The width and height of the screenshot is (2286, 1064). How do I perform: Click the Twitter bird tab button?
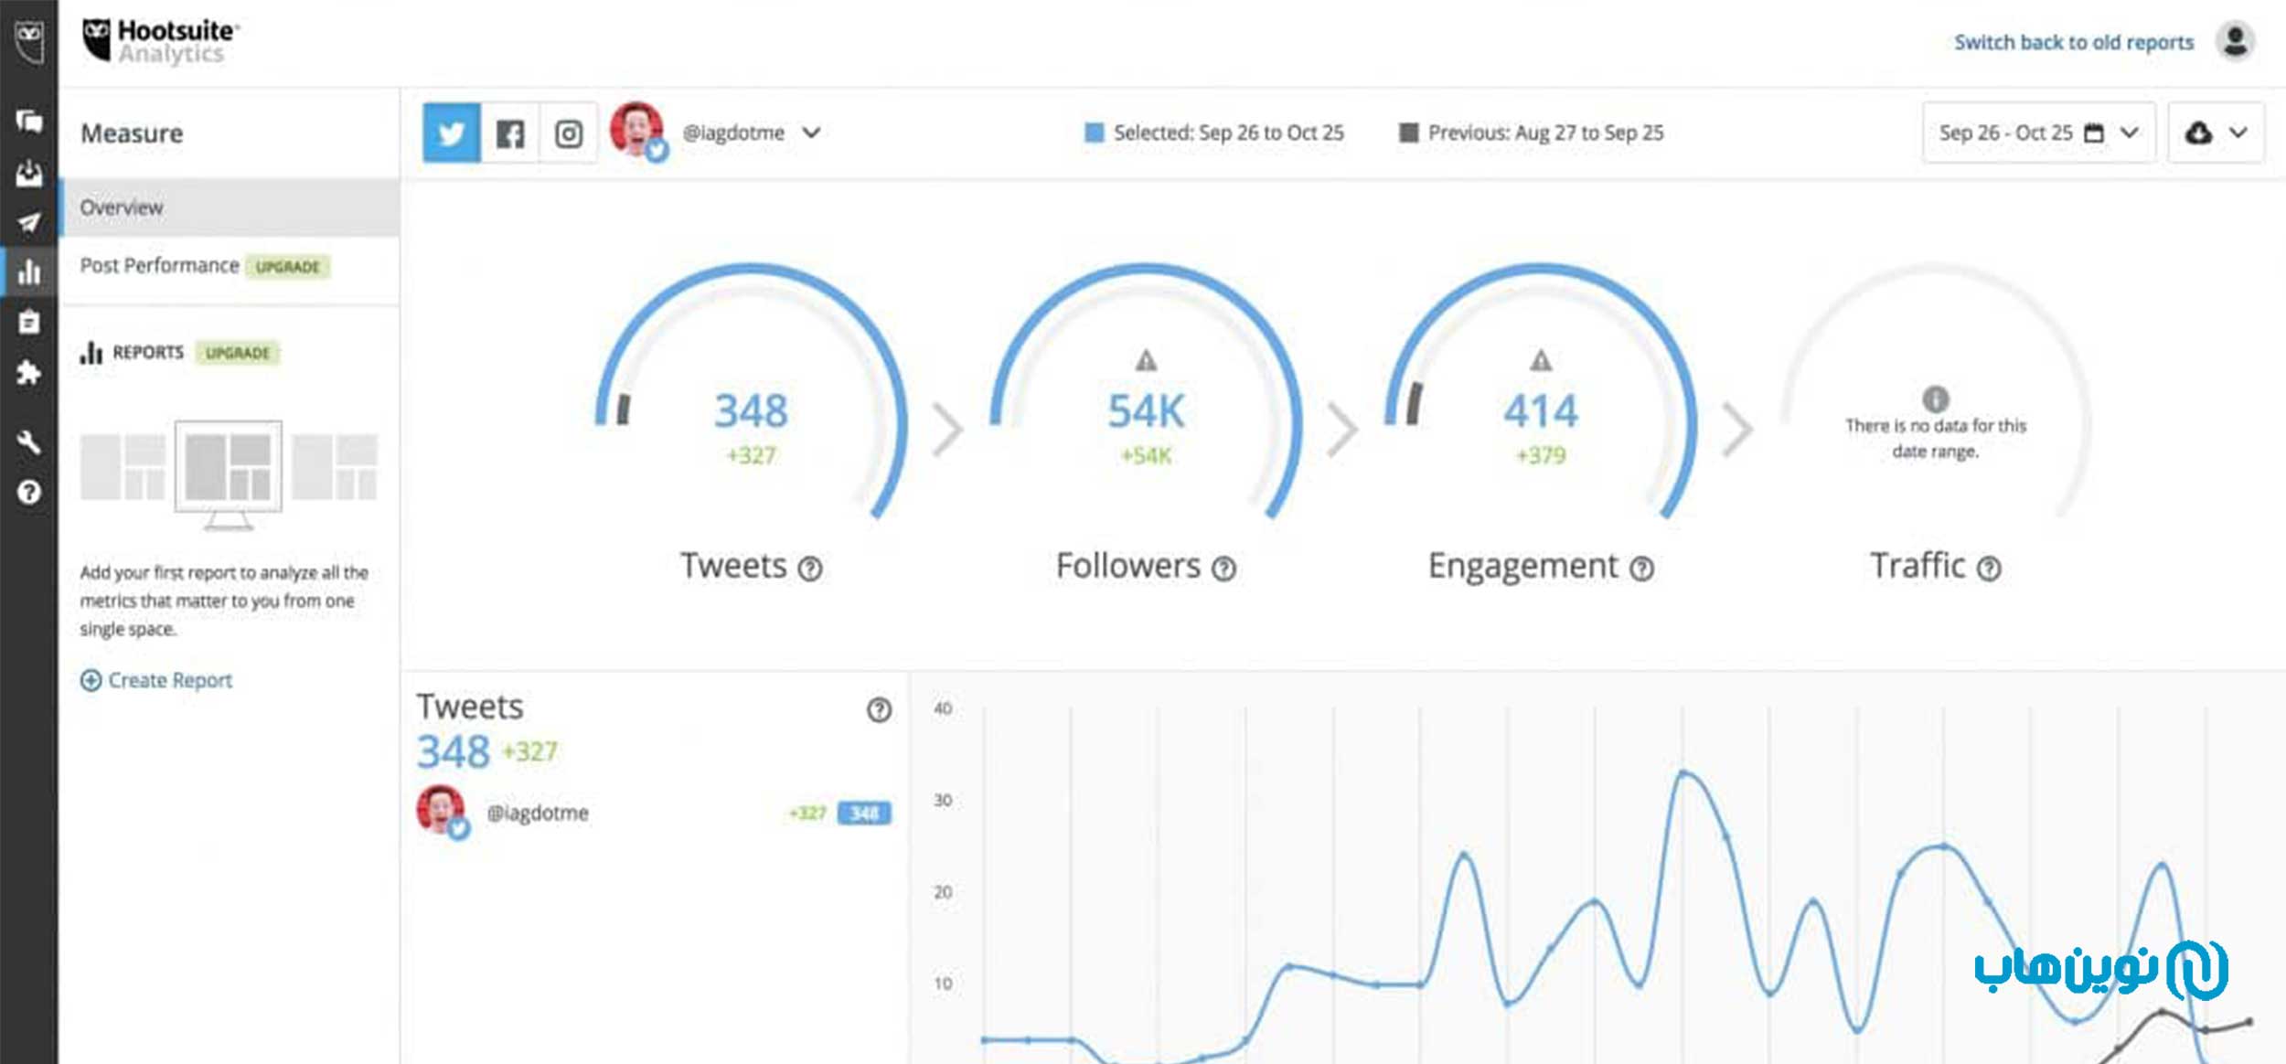click(452, 133)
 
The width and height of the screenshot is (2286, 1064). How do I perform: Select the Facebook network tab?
click(510, 133)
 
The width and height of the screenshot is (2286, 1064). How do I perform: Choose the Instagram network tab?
click(568, 133)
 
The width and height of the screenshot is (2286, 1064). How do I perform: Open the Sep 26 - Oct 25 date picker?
click(2038, 133)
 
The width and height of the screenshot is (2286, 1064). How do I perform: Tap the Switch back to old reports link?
click(2073, 42)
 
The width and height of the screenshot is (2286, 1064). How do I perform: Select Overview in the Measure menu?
click(122, 207)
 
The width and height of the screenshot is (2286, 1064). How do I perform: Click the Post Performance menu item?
click(159, 265)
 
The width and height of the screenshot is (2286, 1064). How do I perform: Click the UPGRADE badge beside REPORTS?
click(237, 353)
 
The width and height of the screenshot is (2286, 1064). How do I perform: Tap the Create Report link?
click(169, 680)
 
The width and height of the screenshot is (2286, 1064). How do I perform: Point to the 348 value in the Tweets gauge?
click(751, 410)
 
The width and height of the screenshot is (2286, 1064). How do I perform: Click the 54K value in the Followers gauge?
click(1146, 410)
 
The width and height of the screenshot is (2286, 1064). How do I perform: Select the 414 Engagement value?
click(1541, 410)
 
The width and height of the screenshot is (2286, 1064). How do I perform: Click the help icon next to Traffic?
click(1989, 569)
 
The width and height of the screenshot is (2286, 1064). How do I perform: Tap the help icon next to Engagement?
click(1642, 569)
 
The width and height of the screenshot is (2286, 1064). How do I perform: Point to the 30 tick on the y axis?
click(943, 800)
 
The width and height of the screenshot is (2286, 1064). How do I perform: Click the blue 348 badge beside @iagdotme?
click(864, 813)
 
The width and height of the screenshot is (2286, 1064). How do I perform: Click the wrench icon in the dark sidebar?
click(28, 442)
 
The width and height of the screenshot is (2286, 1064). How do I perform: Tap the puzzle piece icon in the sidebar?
click(28, 373)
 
